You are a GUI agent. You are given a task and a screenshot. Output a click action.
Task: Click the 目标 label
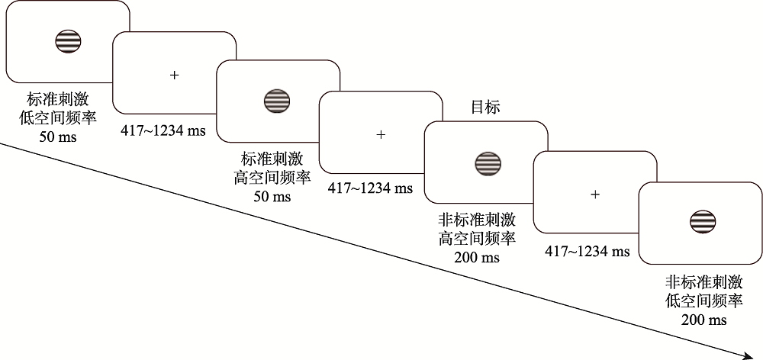[485, 108]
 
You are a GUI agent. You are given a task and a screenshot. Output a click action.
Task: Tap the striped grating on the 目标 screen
[487, 162]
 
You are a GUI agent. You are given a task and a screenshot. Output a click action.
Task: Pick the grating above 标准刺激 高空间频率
[277, 101]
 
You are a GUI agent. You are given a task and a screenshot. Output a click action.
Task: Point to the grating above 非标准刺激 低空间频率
[702, 222]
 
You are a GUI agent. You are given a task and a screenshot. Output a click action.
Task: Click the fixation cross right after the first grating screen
[175, 75]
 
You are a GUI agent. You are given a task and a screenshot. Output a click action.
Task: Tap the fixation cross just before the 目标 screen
[381, 134]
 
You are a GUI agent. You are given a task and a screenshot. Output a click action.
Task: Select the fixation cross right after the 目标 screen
[595, 194]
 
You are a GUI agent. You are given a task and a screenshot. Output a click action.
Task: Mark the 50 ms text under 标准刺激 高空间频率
[272, 197]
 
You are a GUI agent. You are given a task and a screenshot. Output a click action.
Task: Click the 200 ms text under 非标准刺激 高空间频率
[477, 257]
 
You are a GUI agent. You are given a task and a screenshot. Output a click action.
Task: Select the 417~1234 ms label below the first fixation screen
[163, 130]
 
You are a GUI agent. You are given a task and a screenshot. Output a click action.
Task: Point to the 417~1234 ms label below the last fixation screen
[588, 250]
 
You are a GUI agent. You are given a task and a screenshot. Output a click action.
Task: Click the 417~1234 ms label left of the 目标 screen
[370, 188]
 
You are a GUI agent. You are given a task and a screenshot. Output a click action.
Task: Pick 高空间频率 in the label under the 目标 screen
[477, 238]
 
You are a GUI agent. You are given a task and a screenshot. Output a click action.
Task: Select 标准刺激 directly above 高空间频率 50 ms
[272, 159]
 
